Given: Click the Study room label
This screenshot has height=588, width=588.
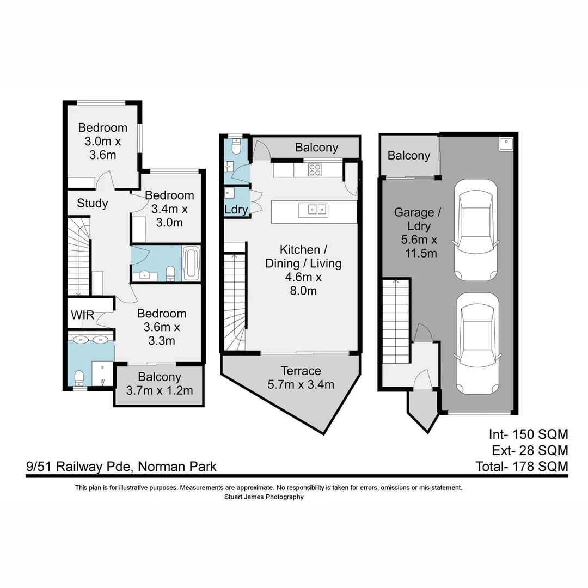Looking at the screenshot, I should [92, 203].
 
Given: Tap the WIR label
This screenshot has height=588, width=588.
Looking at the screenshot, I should [82, 315].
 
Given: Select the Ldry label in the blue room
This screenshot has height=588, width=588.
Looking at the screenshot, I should [236, 210].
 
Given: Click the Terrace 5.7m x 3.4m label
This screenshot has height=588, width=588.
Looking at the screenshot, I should [301, 378].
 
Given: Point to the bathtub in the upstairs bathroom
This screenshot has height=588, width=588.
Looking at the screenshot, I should [192, 264].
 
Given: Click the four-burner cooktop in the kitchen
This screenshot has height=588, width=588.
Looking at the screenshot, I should [315, 170].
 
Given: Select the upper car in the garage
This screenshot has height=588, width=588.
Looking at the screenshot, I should [475, 229].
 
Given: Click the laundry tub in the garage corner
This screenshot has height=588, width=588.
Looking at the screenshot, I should [505, 144].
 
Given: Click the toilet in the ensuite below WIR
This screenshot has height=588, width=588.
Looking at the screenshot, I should [79, 377].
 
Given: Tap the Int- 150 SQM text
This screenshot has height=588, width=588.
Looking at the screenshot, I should [528, 434].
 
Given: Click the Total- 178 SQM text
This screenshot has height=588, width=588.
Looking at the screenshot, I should [522, 467].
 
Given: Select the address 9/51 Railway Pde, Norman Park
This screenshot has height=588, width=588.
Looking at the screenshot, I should [121, 467].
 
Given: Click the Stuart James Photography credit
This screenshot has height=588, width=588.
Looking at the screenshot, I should [264, 497].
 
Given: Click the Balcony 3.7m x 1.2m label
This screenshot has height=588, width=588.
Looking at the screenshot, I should [160, 383].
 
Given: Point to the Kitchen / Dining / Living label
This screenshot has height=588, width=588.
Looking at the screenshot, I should [303, 270].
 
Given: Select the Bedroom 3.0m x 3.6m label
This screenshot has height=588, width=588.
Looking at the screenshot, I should [102, 141].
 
